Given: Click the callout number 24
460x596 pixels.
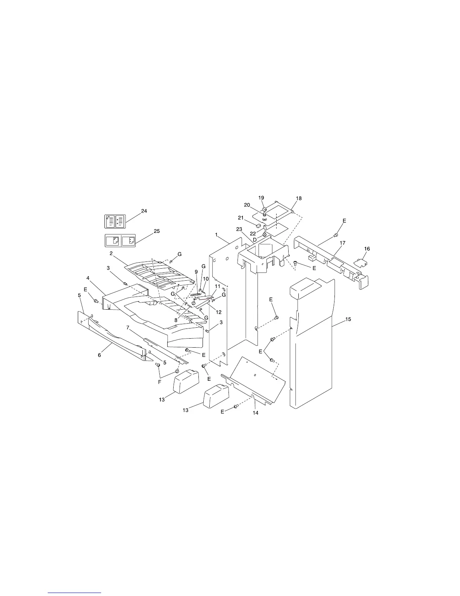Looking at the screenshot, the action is coord(144,211).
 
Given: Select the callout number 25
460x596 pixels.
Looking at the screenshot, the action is coord(157,231).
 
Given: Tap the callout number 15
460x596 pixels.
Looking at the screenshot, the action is coord(348,319).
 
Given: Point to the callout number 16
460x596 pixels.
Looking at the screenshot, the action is coord(367,249).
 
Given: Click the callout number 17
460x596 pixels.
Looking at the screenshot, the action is coord(342,243).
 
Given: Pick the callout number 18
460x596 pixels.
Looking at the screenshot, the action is coord(299,198).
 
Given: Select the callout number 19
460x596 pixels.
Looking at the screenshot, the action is coord(261,198).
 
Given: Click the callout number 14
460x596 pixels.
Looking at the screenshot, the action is coord(256,413).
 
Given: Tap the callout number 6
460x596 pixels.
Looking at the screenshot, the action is coord(100,355).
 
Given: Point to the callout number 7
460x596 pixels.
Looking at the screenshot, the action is coord(128,328).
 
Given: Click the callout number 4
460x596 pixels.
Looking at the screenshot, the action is coord(88,278).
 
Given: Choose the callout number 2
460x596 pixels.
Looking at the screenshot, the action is coord(111,253).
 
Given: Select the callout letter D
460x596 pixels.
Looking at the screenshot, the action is coord(255,240).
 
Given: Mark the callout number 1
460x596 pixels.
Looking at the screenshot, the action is coord(216,235).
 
